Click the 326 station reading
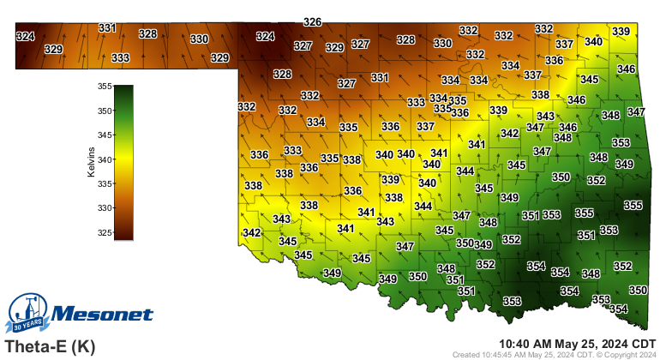pos(313,22)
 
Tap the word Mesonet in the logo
pos(103,315)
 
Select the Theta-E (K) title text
pos(50,347)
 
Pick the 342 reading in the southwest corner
pos(251,233)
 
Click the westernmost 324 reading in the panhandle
pos(26,37)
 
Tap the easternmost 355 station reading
pos(633,206)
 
